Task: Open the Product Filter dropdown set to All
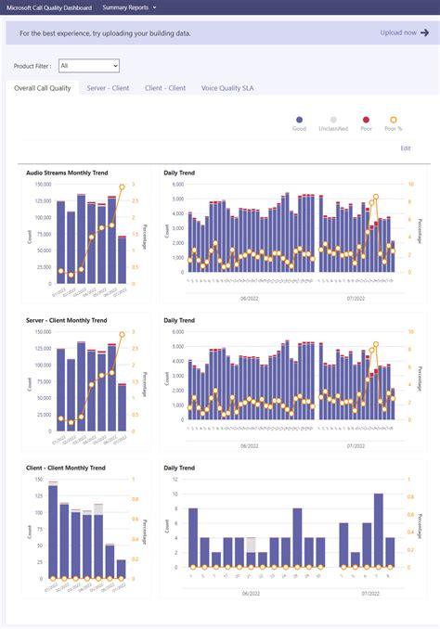[x=88, y=66]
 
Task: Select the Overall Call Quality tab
[x=43, y=88]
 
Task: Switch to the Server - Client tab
[x=108, y=88]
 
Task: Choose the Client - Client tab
[x=165, y=88]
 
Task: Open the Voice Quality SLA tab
[x=227, y=88]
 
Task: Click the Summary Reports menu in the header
[x=129, y=6]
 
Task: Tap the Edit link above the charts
[x=405, y=148]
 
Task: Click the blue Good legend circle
[x=299, y=120]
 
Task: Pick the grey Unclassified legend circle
[x=334, y=120]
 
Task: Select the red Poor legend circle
[x=366, y=120]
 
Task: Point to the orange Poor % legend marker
[x=394, y=120]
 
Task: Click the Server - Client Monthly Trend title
[x=69, y=320]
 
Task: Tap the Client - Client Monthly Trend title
[x=66, y=469]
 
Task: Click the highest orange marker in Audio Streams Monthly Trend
[x=122, y=187]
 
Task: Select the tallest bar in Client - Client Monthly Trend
[x=52, y=530]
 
